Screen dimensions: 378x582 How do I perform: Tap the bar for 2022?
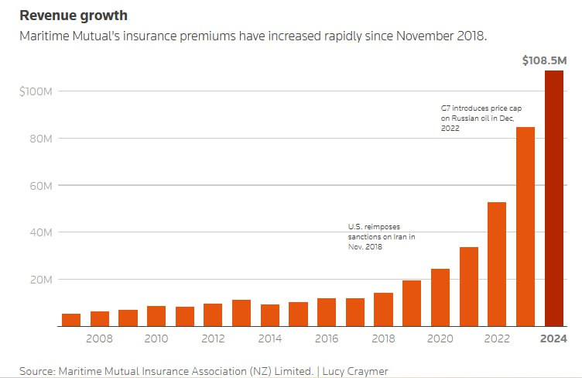click(497, 264)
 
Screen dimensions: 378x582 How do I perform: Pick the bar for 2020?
click(440, 297)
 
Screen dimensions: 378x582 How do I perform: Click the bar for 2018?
click(384, 309)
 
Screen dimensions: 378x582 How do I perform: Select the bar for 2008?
click(100, 318)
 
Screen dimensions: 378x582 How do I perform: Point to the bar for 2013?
click(241, 313)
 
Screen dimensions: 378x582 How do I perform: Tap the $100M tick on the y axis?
click(36, 92)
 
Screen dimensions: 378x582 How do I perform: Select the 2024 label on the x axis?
click(554, 339)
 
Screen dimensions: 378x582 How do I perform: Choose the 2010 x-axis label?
click(156, 339)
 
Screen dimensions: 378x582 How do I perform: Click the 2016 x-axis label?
click(327, 339)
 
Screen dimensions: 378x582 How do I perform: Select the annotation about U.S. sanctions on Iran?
click(381, 236)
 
